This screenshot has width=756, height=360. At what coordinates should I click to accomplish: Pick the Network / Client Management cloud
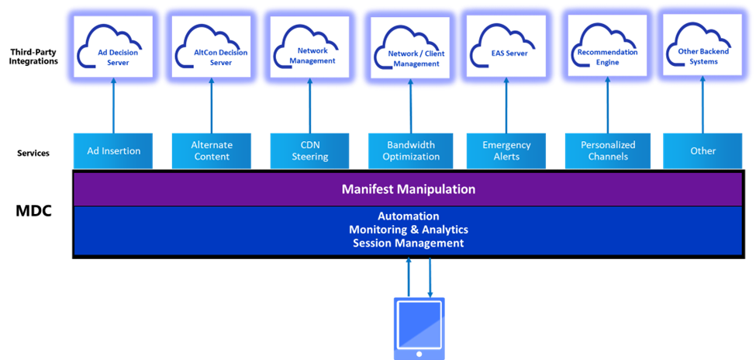(409, 48)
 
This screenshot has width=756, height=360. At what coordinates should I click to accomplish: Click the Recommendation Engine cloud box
(607, 48)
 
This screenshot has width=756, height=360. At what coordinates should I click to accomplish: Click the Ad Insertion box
(113, 151)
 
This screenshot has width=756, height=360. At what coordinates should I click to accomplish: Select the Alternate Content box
(211, 151)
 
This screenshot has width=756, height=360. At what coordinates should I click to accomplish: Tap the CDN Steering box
(309, 151)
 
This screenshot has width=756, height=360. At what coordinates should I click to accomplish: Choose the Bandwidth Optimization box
(410, 151)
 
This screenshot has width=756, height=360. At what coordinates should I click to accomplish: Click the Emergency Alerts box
(506, 151)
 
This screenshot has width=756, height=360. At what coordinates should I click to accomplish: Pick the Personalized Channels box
(607, 151)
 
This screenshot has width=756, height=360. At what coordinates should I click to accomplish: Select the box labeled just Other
(702, 151)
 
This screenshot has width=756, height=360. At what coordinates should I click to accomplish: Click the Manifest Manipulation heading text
(409, 189)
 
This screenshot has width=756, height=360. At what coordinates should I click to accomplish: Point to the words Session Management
(409, 243)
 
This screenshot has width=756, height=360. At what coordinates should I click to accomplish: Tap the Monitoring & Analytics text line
(409, 230)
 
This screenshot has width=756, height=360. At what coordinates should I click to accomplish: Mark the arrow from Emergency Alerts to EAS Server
(506, 106)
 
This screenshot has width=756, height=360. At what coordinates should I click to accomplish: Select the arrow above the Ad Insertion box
(113, 106)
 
